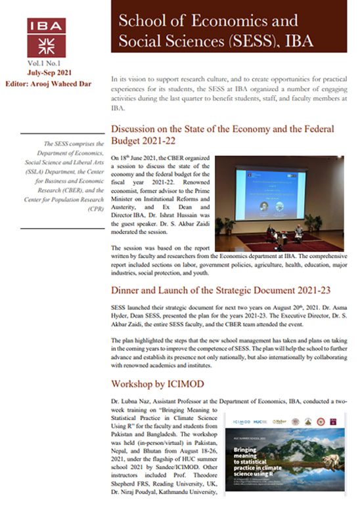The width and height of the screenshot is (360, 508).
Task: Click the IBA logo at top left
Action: pos(47,37)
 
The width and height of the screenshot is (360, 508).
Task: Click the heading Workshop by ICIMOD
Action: pos(156,382)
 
